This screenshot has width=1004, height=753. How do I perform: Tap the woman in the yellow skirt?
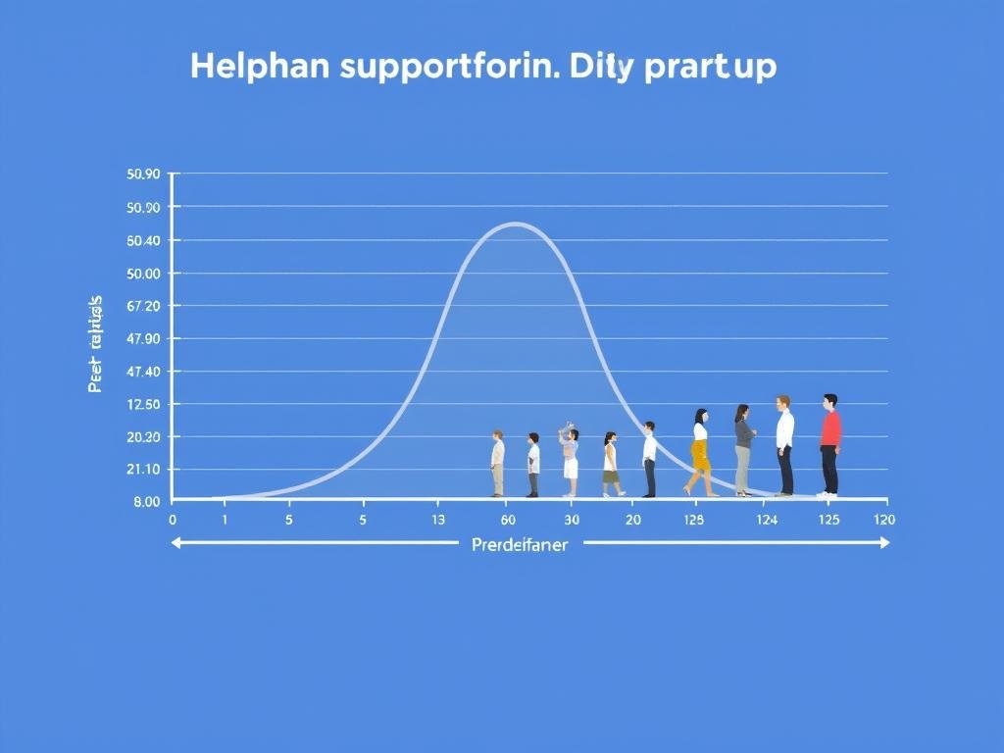[x=700, y=451]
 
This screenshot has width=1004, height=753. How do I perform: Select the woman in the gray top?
[x=744, y=448]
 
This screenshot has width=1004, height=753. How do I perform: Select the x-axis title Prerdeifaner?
[x=519, y=545]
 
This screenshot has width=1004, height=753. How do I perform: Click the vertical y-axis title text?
[x=96, y=343]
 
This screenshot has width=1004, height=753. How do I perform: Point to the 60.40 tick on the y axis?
[x=143, y=240]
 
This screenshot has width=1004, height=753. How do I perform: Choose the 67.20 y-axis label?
[x=143, y=306]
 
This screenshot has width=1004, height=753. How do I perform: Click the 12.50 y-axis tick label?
[x=143, y=404]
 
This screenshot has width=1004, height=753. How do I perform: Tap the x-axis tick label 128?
[x=693, y=520]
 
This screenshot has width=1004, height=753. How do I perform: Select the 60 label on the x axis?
[x=508, y=520]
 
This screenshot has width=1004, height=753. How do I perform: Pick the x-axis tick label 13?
[x=438, y=520]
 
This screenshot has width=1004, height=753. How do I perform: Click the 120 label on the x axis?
[x=883, y=520]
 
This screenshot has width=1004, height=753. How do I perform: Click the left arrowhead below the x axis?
[x=177, y=542]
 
